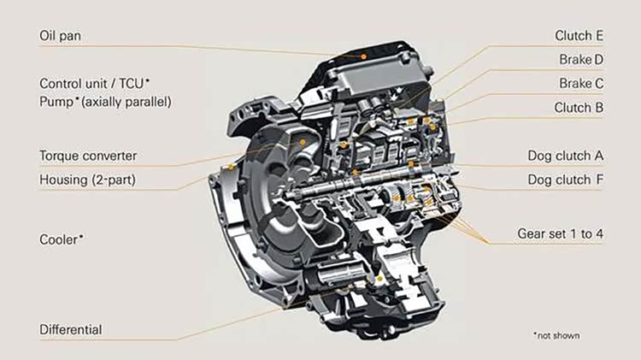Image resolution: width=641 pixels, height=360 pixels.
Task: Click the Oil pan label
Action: [60, 36]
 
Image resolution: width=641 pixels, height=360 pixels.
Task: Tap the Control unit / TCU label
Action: [94, 84]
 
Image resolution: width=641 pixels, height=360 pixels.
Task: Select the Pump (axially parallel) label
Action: [105, 102]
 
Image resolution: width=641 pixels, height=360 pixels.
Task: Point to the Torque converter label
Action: [88, 156]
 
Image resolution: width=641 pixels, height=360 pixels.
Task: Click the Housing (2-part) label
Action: [87, 180]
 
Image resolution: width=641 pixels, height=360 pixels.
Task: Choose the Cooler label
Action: [62, 239]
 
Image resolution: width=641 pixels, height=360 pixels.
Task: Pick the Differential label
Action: [71, 330]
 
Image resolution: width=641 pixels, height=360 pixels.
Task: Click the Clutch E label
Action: [579, 36]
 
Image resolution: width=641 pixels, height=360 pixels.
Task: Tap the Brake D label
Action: [581, 60]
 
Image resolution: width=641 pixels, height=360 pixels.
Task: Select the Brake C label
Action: [581, 84]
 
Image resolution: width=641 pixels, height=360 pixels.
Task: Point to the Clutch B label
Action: [579, 108]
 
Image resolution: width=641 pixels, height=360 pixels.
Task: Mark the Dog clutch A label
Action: [566, 156]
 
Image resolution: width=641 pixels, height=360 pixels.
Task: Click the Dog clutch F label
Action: [566, 180]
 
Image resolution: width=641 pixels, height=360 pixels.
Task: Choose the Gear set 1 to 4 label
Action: [560, 234]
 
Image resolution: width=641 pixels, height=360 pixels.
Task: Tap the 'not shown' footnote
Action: [556, 335]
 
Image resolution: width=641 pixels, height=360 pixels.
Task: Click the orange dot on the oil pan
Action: [363, 56]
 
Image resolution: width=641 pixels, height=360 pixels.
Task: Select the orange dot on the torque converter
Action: [303, 142]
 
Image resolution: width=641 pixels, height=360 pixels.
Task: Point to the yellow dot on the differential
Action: [379, 279]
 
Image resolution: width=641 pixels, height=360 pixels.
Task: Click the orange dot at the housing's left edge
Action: [231, 168]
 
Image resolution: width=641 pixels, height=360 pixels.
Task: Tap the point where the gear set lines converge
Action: [488, 244]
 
